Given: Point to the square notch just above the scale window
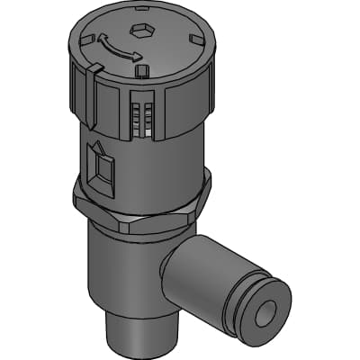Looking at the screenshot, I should click(139, 68).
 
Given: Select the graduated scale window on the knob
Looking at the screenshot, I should click(139, 117).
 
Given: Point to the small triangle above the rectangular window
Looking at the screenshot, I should click(96, 149).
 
